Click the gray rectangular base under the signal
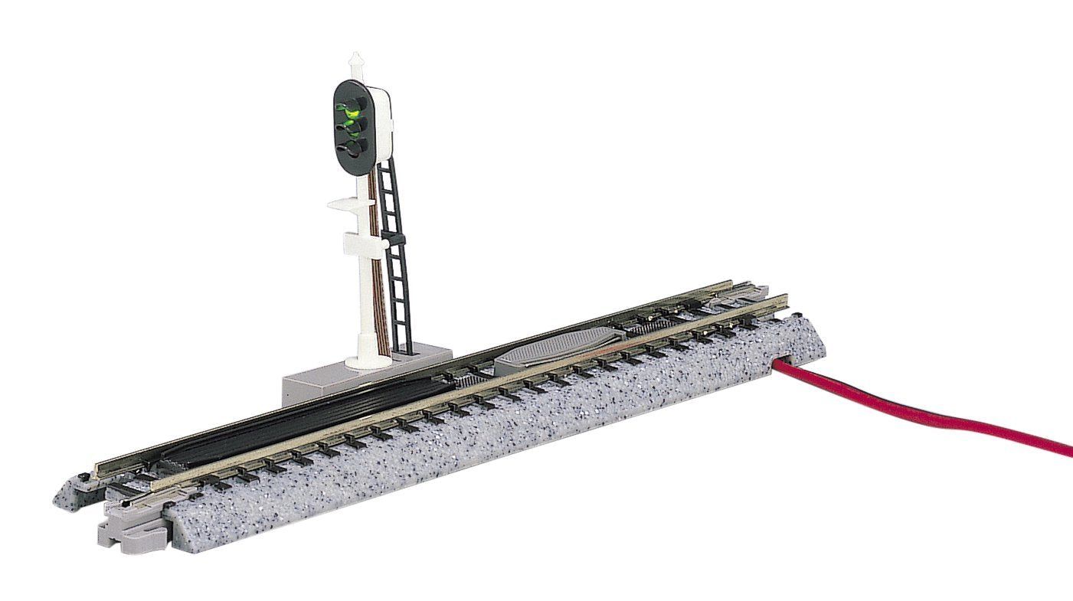[360, 375]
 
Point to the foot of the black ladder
[404, 351]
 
